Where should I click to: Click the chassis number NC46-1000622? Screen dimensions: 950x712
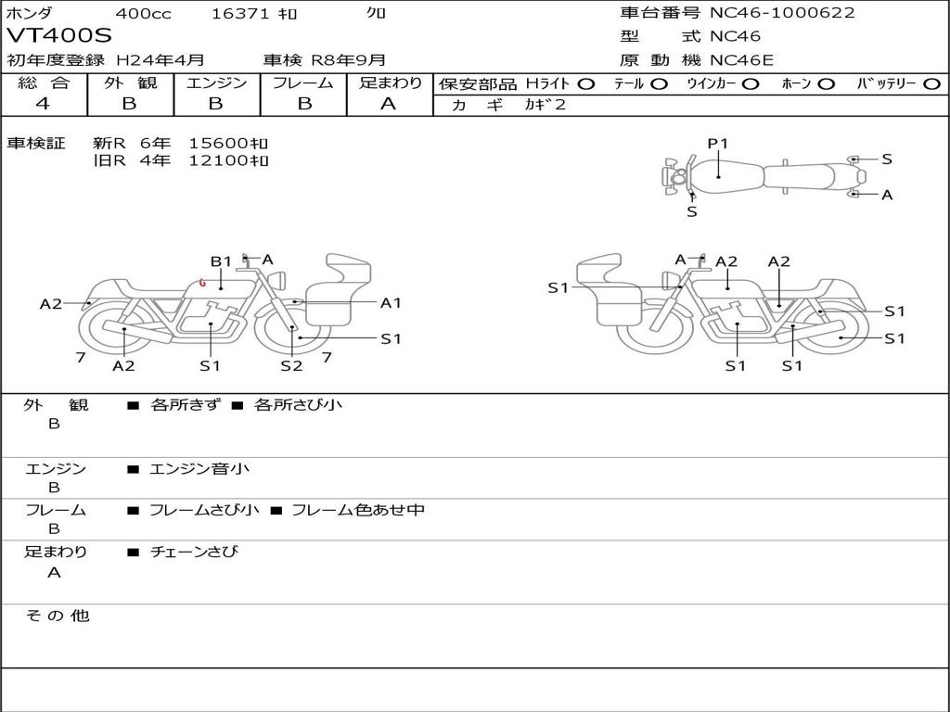click(x=782, y=13)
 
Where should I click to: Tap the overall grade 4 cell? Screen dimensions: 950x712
click(x=44, y=104)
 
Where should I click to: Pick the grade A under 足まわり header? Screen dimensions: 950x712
click(x=389, y=104)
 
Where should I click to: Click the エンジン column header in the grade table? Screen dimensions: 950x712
click(x=216, y=83)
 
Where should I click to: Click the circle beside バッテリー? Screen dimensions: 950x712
click(x=931, y=83)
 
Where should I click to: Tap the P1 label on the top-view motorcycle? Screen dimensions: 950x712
click(x=718, y=143)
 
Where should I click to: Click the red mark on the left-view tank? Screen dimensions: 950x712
click(x=202, y=284)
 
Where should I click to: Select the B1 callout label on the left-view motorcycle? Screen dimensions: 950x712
click(x=221, y=261)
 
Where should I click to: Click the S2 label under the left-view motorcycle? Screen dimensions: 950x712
click(x=291, y=365)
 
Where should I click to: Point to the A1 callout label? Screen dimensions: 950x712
click(x=391, y=302)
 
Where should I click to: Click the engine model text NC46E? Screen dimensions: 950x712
click(x=741, y=60)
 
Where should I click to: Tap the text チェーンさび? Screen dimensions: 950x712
click(x=194, y=552)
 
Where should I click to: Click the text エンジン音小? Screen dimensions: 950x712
click(x=199, y=469)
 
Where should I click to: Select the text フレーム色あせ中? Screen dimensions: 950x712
click(x=358, y=510)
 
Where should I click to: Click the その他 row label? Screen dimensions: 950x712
click(x=57, y=616)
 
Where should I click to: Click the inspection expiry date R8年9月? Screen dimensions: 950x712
click(x=348, y=60)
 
